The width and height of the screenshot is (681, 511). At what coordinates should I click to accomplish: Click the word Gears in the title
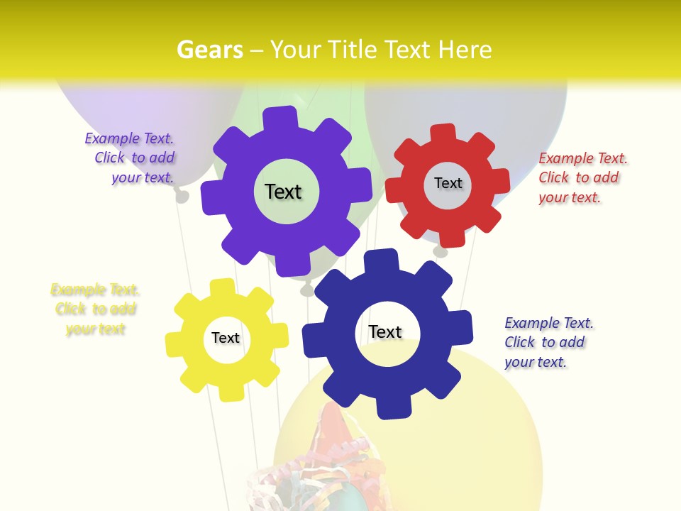click(x=209, y=50)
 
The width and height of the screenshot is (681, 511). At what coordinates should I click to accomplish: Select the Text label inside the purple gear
click(x=283, y=192)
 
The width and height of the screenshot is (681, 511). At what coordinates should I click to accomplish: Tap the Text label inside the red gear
click(x=448, y=183)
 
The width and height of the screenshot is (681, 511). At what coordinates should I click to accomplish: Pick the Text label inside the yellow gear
click(x=226, y=338)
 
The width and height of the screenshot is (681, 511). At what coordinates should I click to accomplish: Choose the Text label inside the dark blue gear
click(x=385, y=331)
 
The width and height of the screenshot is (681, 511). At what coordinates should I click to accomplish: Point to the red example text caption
click(x=582, y=177)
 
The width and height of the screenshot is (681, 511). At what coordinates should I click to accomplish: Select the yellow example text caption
click(x=95, y=309)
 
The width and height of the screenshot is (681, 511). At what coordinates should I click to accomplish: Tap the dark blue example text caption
click(x=548, y=342)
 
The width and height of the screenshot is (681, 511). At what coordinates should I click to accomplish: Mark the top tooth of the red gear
click(x=442, y=133)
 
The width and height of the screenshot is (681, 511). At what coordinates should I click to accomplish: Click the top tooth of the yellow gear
click(x=222, y=287)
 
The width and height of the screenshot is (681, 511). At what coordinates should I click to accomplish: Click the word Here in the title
click(x=465, y=50)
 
